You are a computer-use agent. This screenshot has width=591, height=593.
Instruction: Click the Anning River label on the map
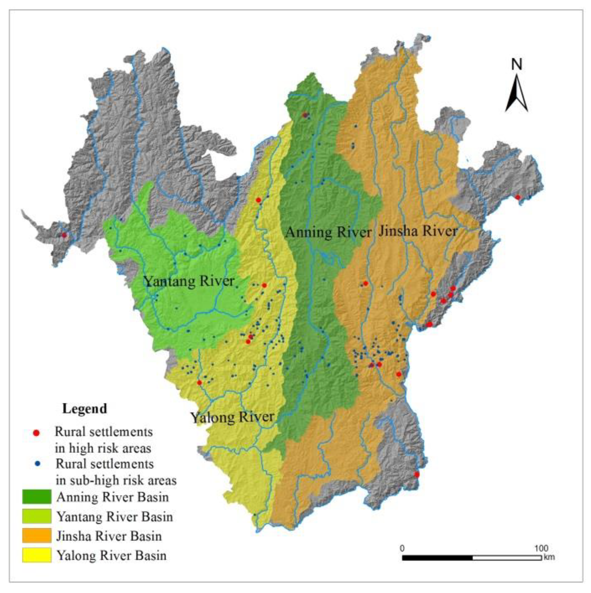[x=328, y=232]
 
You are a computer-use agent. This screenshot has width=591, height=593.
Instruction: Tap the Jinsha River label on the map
[x=418, y=231]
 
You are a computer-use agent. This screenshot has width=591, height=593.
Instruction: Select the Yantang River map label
[x=189, y=281]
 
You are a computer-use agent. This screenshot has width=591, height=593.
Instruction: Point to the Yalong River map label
[x=232, y=417]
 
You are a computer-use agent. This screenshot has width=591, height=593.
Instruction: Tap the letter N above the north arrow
[x=517, y=64]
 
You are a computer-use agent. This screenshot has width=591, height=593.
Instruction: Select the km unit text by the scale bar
[x=549, y=557]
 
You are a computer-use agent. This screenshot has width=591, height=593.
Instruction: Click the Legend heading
[x=85, y=409]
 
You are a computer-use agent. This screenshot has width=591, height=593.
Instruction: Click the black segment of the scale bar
[x=437, y=557]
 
